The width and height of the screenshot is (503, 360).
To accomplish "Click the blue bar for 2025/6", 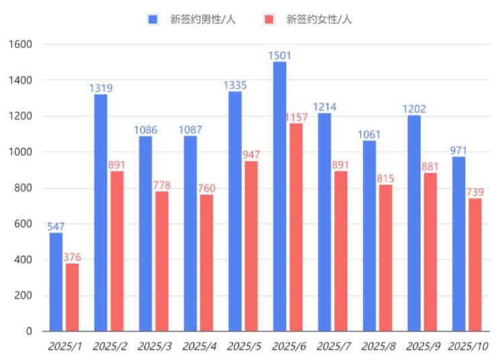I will point(280,196).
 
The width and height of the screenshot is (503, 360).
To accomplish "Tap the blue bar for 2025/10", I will point(459,243).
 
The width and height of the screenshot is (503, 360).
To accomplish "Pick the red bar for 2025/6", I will point(296,227).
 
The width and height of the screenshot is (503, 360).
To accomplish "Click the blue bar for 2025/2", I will point(101,213).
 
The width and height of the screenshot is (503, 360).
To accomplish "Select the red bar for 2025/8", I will point(385,257).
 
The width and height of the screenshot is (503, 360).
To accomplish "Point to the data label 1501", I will point(280,54).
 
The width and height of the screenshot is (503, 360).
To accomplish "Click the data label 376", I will point(72,257).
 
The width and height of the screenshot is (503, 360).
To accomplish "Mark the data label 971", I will point(459,149).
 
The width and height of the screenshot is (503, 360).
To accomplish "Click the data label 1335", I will point(235,84).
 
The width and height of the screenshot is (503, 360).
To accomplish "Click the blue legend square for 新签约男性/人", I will point(152,19).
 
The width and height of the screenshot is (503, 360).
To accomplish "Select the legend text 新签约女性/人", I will point(319,19).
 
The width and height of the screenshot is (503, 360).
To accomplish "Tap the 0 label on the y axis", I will point(29,331).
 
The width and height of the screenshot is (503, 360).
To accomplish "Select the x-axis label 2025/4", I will point(199,347).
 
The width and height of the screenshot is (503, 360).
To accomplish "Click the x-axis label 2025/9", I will point(423,347).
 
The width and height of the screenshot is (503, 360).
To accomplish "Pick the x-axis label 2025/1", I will point(64,347).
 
